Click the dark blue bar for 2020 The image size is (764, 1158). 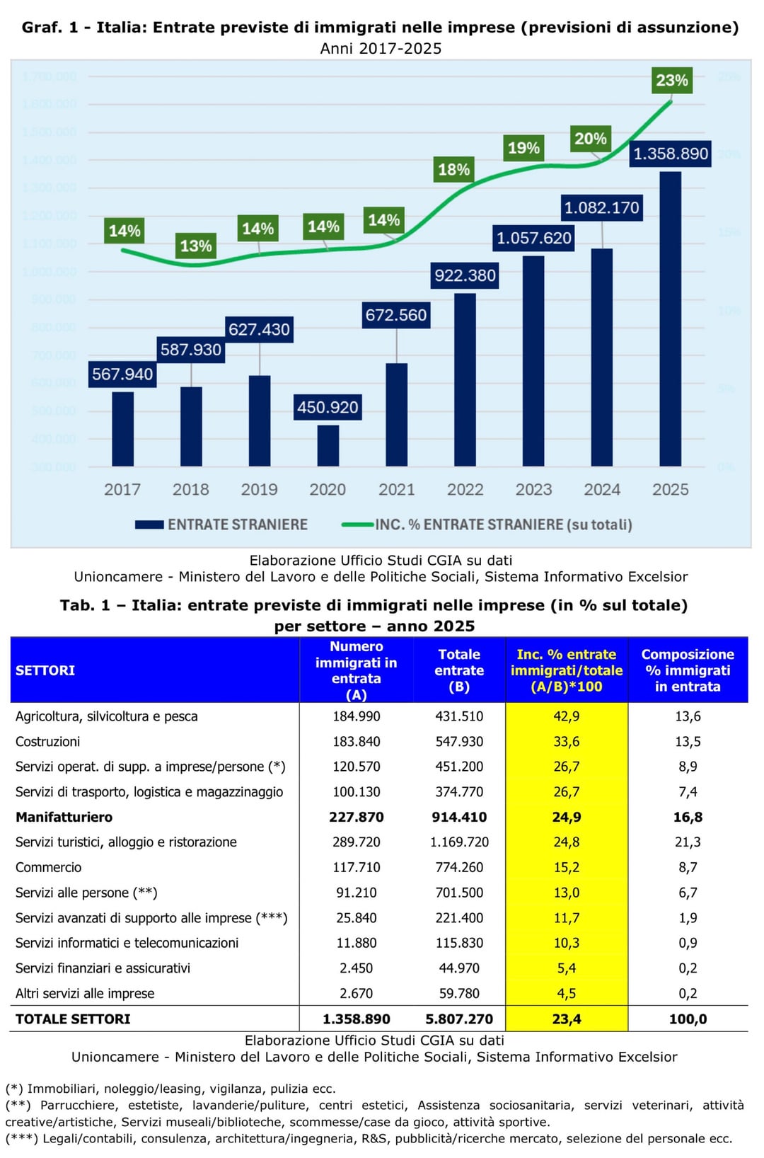(328, 445)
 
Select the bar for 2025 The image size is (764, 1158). (670, 319)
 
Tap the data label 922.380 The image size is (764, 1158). (465, 275)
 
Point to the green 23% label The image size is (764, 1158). (671, 80)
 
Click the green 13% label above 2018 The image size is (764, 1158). (195, 246)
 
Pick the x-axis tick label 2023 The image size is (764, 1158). (533, 489)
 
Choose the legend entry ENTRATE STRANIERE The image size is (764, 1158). (221, 524)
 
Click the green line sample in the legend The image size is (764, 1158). (357, 524)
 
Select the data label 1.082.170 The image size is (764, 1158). (601, 207)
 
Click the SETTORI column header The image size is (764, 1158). (45, 670)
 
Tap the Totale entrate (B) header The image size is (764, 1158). (459, 670)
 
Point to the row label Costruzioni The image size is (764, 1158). (47, 741)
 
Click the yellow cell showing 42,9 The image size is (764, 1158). (567, 716)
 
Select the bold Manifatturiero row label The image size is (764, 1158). (64, 817)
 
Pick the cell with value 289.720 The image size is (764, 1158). (357, 842)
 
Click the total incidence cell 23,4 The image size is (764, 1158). (567, 1019)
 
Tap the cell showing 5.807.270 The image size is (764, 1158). (459, 1019)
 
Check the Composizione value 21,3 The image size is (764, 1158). (688, 842)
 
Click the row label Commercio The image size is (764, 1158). (48, 867)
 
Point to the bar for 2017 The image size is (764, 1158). (122, 429)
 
